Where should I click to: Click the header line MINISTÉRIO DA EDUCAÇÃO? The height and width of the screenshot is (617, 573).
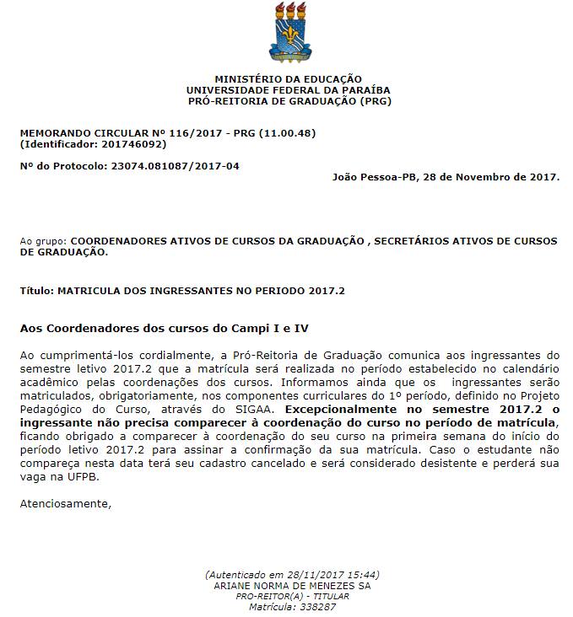tap(288, 78)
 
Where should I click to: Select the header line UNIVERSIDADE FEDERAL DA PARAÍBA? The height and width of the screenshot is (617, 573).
tap(288, 89)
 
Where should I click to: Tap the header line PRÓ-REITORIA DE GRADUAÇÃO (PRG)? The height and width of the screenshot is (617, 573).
tap(288, 101)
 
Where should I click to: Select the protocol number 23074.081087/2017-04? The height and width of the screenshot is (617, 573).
tap(175, 166)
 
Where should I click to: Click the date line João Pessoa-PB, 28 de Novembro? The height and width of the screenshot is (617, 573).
tap(446, 177)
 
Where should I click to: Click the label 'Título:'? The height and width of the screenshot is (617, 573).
tap(36, 291)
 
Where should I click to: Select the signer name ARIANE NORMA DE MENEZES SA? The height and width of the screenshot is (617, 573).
tap(292, 585)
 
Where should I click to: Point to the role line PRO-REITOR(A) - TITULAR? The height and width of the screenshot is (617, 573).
tap(292, 596)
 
